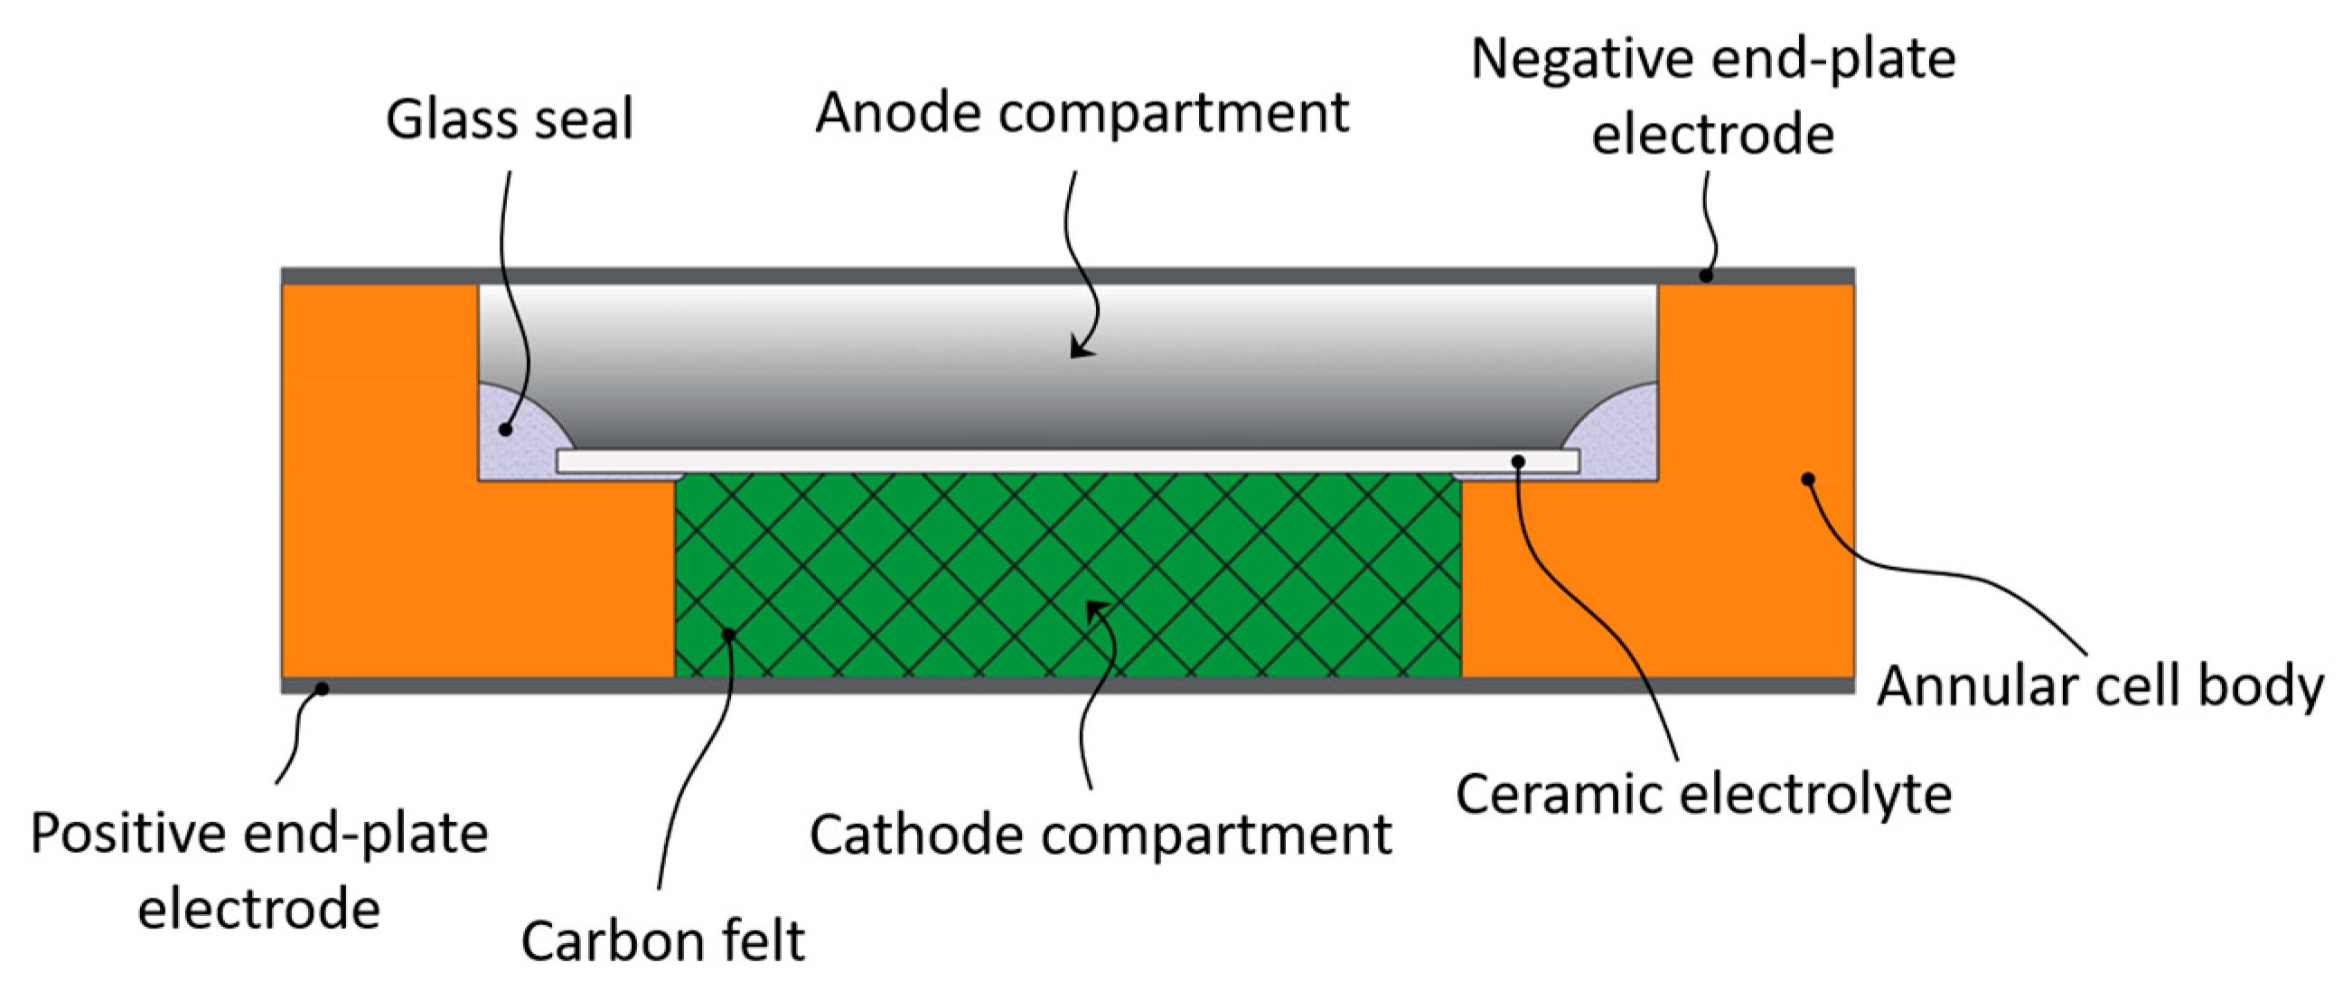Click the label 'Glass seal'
pyautogui.click(x=510, y=119)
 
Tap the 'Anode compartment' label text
pyautogui.click(x=1082, y=113)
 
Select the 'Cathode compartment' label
pyautogui.click(x=1100, y=834)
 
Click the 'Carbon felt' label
pyautogui.click(x=662, y=940)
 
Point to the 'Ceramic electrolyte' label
pyautogui.click(x=1702, y=794)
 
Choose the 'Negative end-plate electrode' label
pyautogui.click(x=1712, y=96)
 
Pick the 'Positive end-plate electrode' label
pyautogui.click(x=259, y=869)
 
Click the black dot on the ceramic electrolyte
pyautogui.click(x=1518, y=462)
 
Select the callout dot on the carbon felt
pyautogui.click(x=727, y=635)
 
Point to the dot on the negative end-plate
pyautogui.click(x=1706, y=276)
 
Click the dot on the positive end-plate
pyautogui.click(x=321, y=689)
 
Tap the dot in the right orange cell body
pyautogui.click(x=1808, y=479)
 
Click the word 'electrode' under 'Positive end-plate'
pyautogui.click(x=259, y=909)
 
